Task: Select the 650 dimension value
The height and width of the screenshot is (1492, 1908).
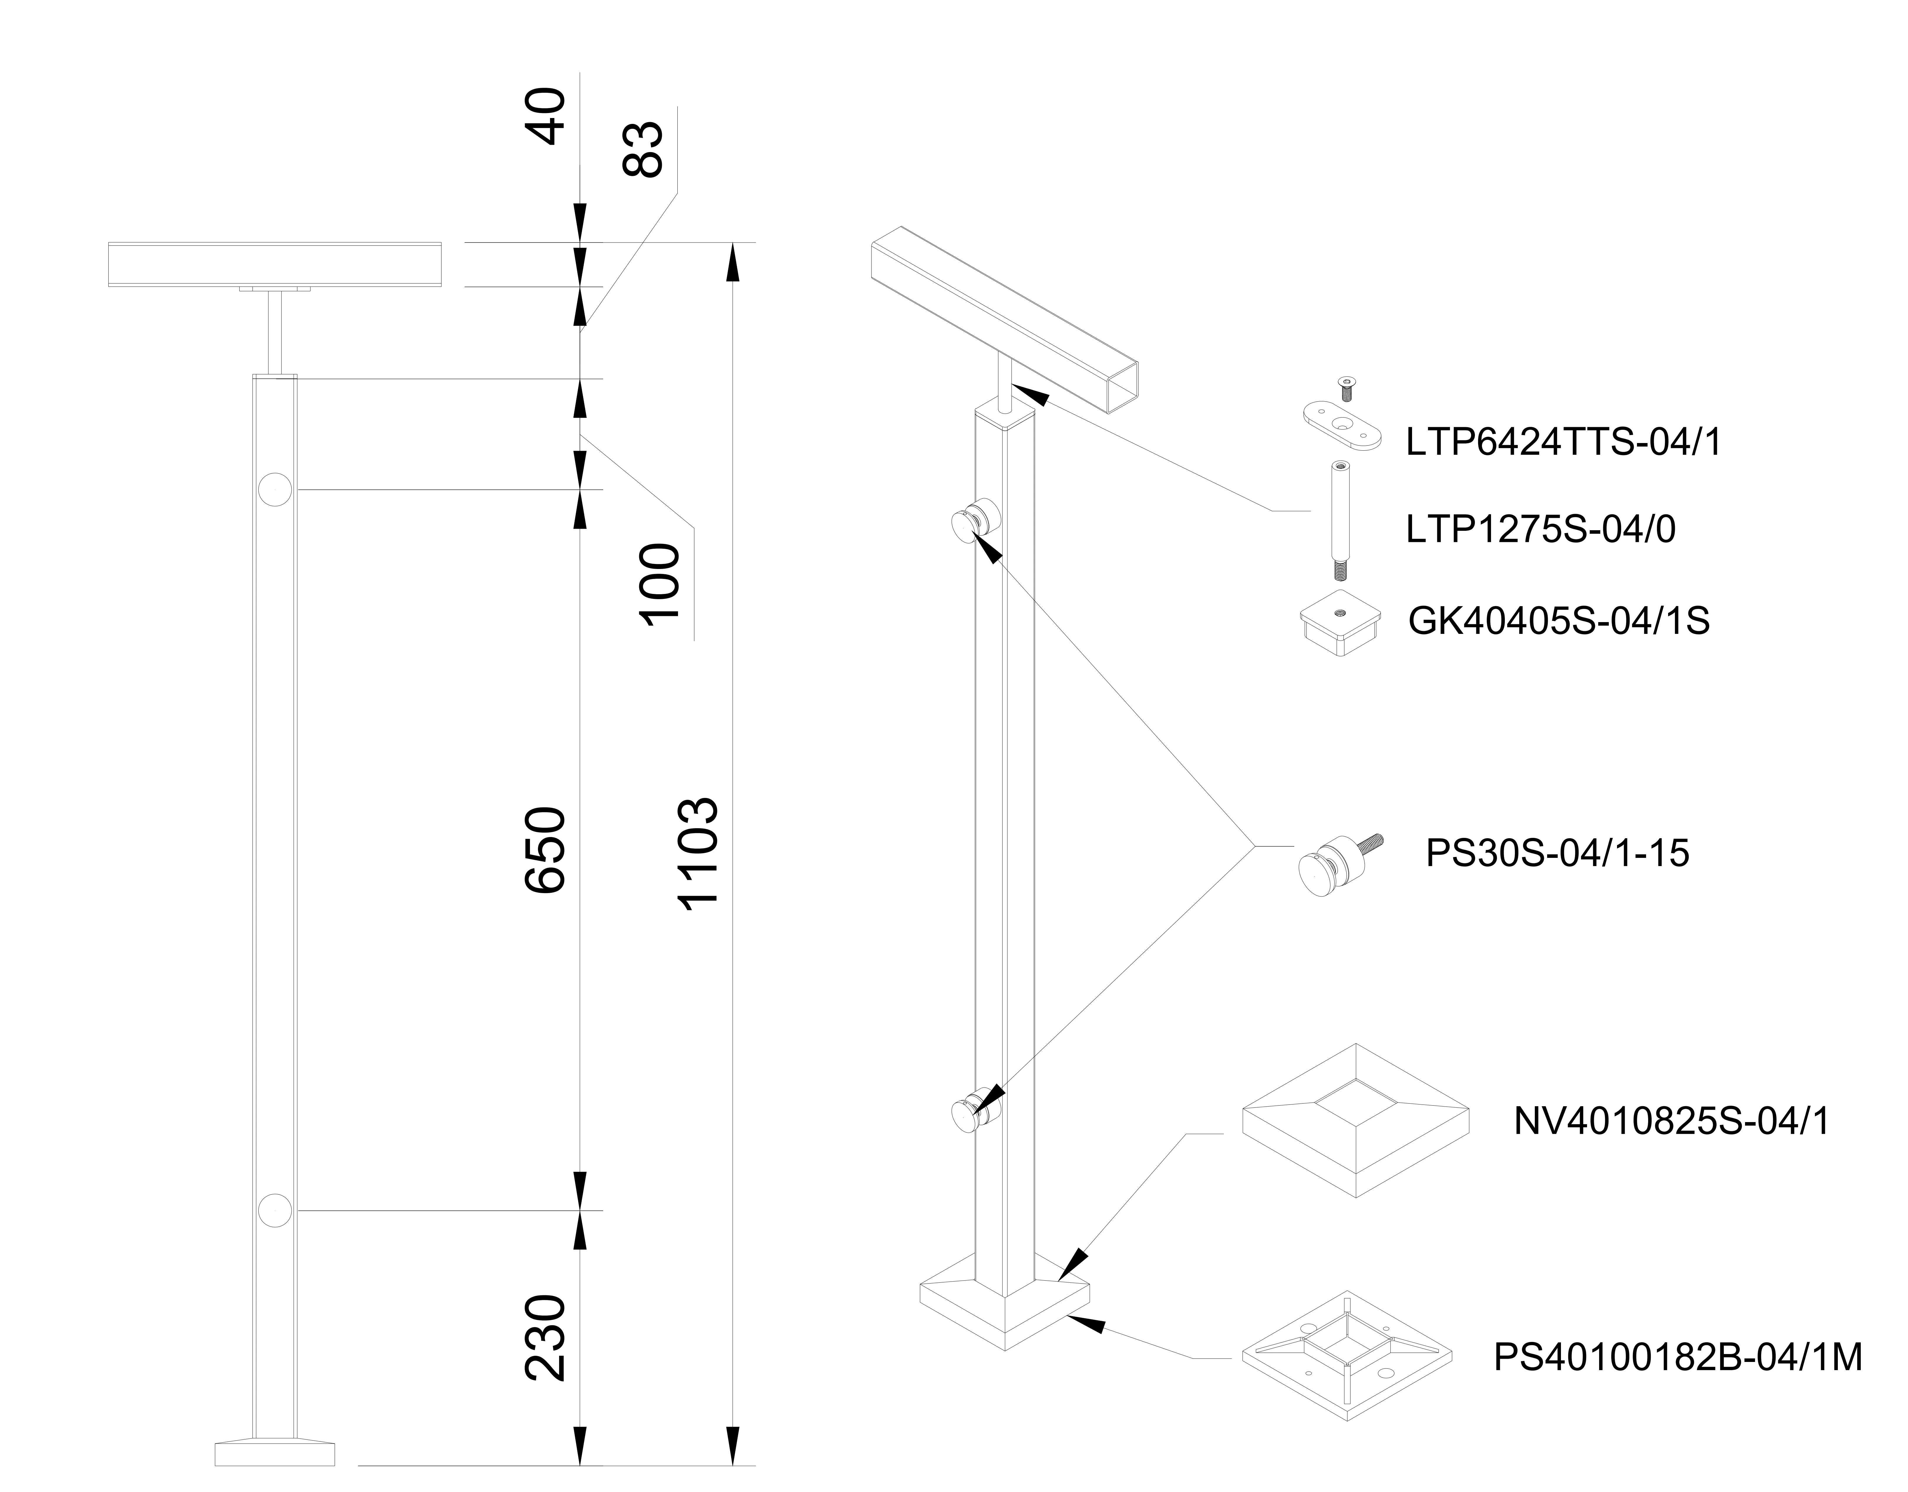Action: pos(546,850)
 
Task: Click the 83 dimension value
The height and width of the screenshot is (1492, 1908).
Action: pos(644,150)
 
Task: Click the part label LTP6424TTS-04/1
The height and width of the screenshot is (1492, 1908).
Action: pos(1564,443)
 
